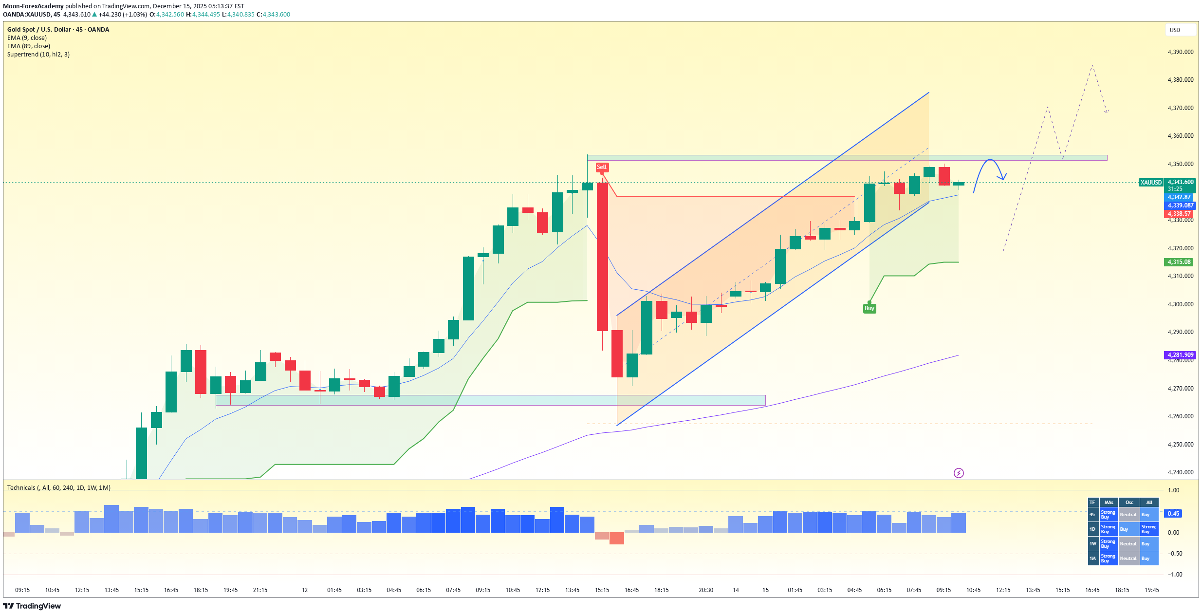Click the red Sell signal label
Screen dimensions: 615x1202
[602, 167]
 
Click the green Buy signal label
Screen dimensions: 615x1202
[869, 308]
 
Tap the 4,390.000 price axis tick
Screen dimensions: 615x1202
[1180, 52]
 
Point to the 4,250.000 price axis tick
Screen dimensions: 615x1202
[1180, 445]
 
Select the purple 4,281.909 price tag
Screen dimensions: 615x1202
[1180, 355]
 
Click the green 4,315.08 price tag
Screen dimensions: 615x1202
[1179, 262]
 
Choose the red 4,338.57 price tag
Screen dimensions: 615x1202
[1179, 214]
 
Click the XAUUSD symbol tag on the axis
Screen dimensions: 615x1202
[1151, 183]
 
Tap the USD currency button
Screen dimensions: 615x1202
[1175, 30]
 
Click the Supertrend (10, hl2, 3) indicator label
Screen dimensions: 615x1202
[38, 55]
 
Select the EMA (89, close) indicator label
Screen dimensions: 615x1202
[29, 46]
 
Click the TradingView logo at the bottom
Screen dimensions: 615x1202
[32, 606]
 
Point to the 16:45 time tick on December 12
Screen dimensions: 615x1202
[631, 590]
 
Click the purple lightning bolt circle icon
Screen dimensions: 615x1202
[958, 473]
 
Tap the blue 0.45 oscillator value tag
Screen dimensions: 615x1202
[1173, 514]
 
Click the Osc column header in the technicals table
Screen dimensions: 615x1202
[1129, 503]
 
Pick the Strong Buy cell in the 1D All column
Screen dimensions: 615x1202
[1148, 529]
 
